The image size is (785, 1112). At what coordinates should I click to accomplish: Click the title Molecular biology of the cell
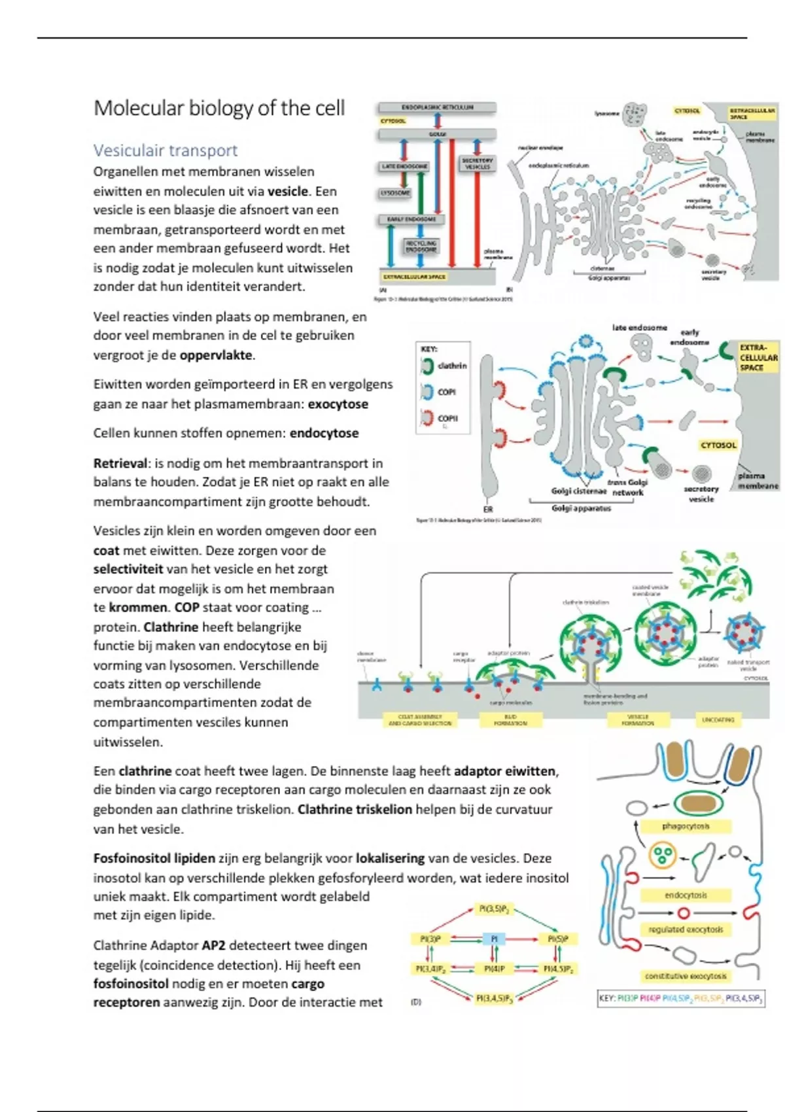[x=219, y=108]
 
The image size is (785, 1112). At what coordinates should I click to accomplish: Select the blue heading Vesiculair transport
[x=166, y=150]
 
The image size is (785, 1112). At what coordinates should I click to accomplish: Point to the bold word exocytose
[x=338, y=404]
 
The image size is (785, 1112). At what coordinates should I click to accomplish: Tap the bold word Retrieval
[x=120, y=463]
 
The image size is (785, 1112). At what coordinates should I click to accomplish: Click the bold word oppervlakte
[x=216, y=355]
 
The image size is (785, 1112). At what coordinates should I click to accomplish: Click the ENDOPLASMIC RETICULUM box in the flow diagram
[x=438, y=107]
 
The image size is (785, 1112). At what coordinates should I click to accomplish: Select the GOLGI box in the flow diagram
[x=438, y=134]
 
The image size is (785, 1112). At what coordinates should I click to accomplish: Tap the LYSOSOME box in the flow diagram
[x=396, y=193]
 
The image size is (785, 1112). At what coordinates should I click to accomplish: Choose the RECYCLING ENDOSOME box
[x=421, y=246]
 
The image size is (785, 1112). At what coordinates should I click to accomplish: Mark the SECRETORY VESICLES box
[x=477, y=164]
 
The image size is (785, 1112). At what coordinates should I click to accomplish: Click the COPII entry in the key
[x=447, y=418]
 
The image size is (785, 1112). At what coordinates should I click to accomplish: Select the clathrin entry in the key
[x=451, y=366]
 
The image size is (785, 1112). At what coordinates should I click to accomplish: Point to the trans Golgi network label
[x=628, y=487]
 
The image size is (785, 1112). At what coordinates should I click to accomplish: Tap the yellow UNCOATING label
[x=718, y=720]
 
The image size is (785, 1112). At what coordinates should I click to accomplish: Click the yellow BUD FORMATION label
[x=511, y=720]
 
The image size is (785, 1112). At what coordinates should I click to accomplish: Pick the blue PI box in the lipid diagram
[x=494, y=939]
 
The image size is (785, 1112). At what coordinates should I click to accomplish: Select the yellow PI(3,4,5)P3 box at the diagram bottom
[x=495, y=999]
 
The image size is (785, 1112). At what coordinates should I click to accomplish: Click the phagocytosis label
[x=686, y=826]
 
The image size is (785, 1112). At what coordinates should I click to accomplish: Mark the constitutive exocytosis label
[x=686, y=976]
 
